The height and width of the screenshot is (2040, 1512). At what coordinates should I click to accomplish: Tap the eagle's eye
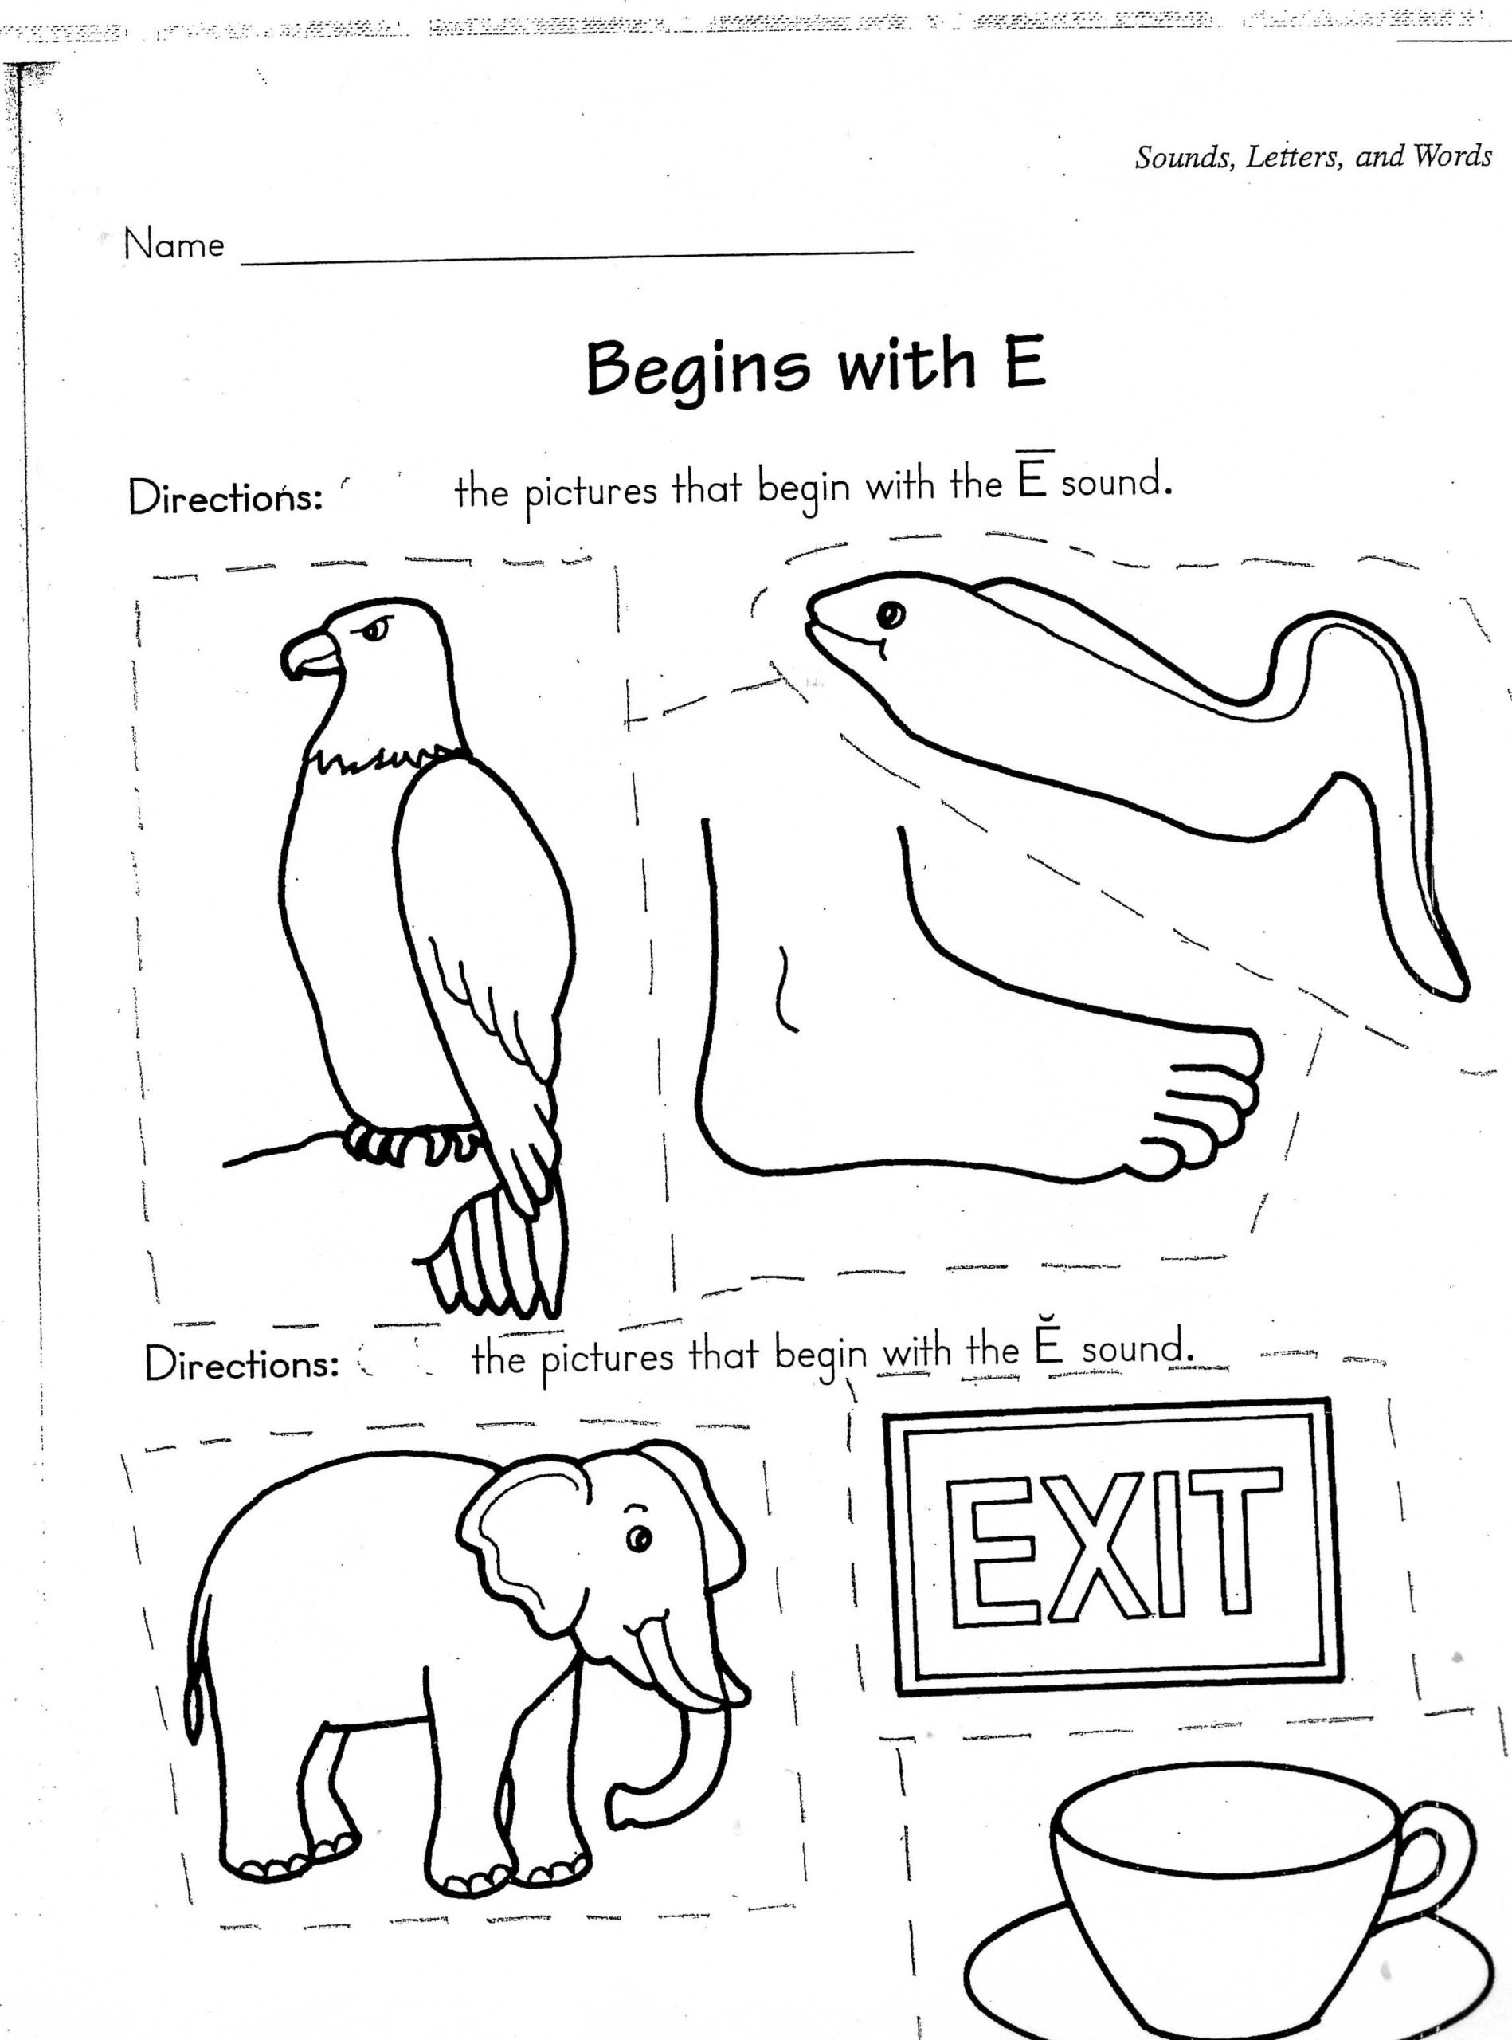coord(378,628)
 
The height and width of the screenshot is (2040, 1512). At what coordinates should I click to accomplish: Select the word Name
coord(174,245)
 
